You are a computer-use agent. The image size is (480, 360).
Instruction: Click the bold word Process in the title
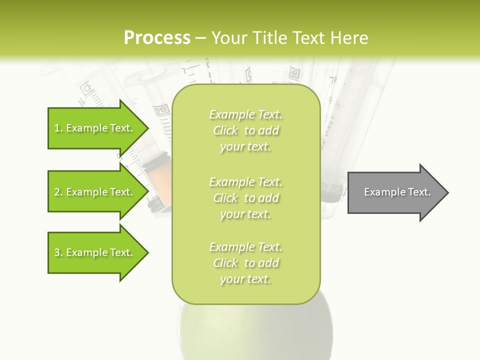[157, 38]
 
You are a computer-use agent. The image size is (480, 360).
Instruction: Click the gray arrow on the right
[395, 192]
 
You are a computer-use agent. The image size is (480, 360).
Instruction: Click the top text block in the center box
[245, 130]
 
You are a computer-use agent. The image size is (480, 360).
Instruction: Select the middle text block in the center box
[245, 197]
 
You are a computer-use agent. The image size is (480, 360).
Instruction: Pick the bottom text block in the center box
[245, 263]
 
